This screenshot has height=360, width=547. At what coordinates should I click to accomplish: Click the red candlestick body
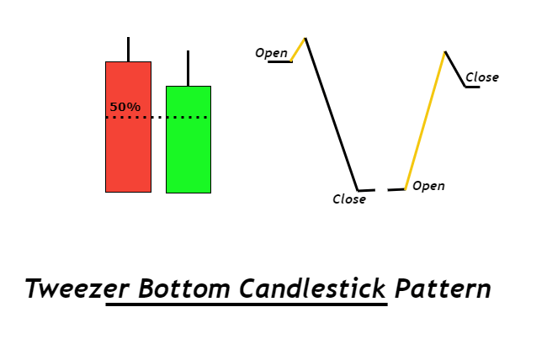129,127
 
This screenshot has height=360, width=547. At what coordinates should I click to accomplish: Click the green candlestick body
189,139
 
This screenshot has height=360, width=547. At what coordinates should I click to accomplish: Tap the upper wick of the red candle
129,49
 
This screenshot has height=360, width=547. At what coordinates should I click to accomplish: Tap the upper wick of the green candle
188,68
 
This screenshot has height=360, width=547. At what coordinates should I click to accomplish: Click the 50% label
125,107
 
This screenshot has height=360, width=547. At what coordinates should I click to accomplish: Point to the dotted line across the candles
157,118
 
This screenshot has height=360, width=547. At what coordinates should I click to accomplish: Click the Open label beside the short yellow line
272,53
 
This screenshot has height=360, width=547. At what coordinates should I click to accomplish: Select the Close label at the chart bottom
349,199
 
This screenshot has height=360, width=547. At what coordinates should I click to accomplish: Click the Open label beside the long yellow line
428,186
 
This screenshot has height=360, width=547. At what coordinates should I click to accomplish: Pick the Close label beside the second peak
482,77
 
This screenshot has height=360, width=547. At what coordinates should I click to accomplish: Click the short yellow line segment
298,50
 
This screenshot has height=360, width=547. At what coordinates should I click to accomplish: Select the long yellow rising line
425,120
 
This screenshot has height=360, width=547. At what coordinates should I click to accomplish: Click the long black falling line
332,114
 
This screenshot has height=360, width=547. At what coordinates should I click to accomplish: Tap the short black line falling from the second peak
455,69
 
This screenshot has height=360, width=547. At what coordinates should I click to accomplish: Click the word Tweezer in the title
77,289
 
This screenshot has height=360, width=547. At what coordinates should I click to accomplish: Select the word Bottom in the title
184,289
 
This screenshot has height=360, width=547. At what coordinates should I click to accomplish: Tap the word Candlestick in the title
312,289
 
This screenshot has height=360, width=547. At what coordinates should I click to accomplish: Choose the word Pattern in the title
443,289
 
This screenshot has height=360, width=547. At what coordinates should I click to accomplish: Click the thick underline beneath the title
247,304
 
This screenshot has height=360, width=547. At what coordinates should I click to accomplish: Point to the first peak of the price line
305,38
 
